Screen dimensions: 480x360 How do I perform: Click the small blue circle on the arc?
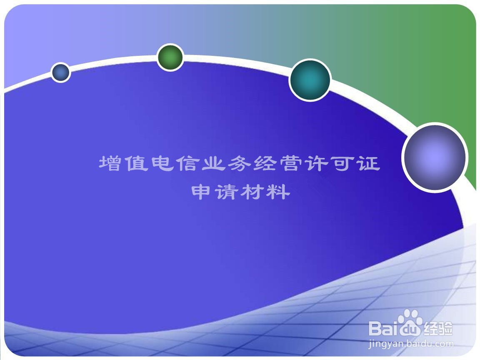[60, 72]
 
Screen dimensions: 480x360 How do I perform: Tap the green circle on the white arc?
[170, 57]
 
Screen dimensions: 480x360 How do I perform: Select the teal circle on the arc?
[310, 80]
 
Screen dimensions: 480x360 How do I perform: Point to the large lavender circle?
[435, 157]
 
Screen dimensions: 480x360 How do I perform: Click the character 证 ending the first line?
[369, 163]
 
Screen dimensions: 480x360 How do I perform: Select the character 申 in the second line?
[201, 192]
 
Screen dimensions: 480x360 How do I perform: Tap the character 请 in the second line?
[227, 192]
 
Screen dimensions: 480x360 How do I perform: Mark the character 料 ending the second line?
[278, 192]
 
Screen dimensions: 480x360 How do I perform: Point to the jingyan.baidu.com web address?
[411, 344]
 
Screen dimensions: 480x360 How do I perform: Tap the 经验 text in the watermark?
[438, 329]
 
